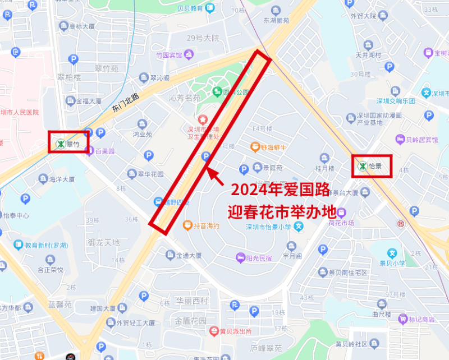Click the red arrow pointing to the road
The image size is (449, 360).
click(216, 175)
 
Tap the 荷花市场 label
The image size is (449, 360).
click(341, 223)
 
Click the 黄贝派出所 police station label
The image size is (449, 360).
click(230, 331)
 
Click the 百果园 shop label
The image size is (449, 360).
click(104, 151)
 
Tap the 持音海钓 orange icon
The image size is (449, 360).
click(187, 225)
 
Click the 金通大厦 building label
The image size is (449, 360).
click(188, 255)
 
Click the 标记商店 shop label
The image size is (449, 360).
click(421, 319)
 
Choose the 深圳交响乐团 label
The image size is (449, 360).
click(395, 101)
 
